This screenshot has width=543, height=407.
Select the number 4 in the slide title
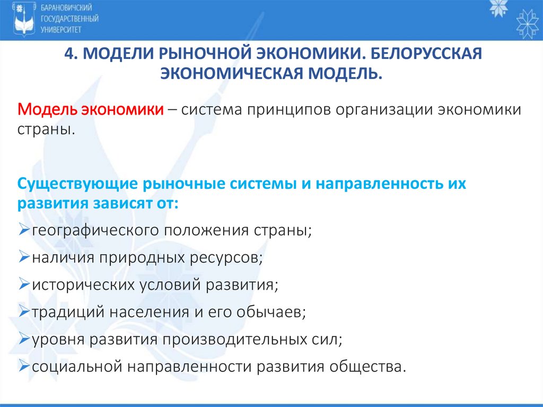(x=67, y=55)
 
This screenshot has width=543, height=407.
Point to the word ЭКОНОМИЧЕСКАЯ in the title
(x=233, y=73)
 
